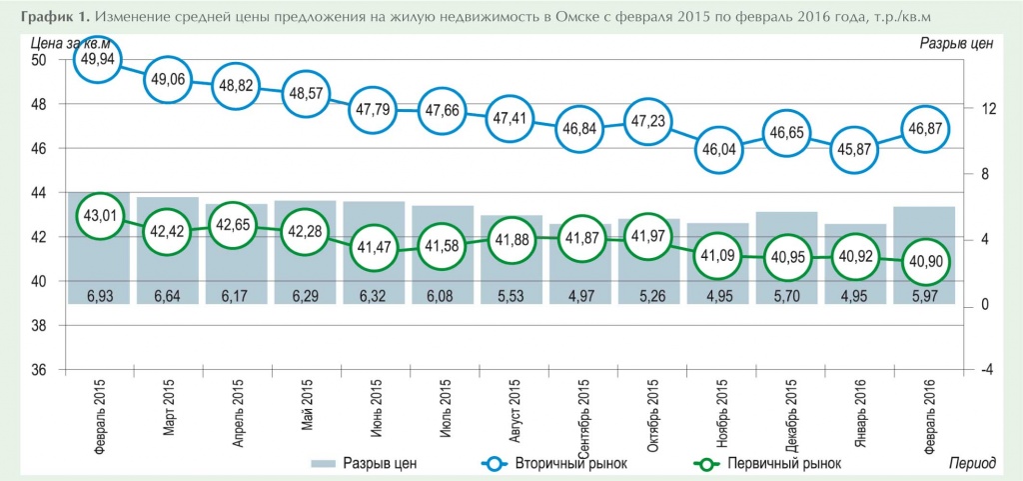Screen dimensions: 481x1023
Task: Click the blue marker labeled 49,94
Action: coord(99,58)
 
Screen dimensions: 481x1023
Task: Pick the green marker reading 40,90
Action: coord(924,259)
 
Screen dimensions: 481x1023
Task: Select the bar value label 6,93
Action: coord(99,295)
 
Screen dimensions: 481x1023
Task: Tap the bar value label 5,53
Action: coord(511,295)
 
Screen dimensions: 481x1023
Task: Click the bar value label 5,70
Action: coord(786,295)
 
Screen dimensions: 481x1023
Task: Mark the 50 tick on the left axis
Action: coord(40,60)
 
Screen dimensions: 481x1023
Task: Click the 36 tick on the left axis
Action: coord(40,370)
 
